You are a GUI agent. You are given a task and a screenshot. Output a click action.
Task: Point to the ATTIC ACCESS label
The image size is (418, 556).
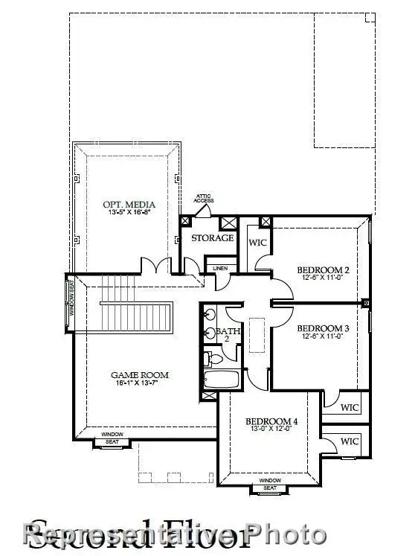click(204, 199)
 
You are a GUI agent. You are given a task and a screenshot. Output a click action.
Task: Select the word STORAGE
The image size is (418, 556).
click(213, 238)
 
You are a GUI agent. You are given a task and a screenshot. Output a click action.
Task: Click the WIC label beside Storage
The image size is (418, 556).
click(257, 243)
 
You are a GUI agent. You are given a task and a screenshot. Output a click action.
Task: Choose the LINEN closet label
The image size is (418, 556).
click(220, 268)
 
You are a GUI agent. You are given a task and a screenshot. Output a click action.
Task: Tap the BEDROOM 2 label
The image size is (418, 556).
click(323, 269)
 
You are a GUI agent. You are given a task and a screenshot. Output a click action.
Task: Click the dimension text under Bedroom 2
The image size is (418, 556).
click(323, 278)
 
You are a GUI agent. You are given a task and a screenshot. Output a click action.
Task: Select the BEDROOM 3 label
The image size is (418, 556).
click(323, 328)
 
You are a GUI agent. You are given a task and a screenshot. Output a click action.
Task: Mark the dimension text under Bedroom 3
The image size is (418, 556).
click(323, 336)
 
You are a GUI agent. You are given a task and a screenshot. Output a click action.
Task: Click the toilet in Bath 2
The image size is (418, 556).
click(213, 360)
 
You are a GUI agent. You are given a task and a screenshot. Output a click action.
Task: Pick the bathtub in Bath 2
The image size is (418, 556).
click(221, 380)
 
